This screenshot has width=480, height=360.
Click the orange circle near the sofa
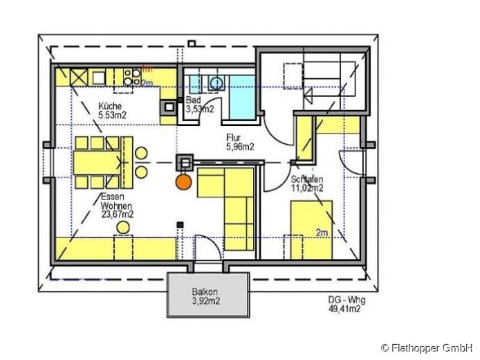click(183, 182)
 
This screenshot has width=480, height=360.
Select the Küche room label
click(109, 105)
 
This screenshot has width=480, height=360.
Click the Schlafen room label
click(307, 179)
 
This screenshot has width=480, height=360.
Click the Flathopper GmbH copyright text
click(427, 346)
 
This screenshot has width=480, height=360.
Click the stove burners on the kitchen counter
click(129, 77)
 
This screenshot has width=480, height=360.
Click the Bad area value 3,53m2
click(200, 109)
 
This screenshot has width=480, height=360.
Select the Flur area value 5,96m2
click(241, 146)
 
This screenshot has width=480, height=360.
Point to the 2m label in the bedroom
click(322, 233)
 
